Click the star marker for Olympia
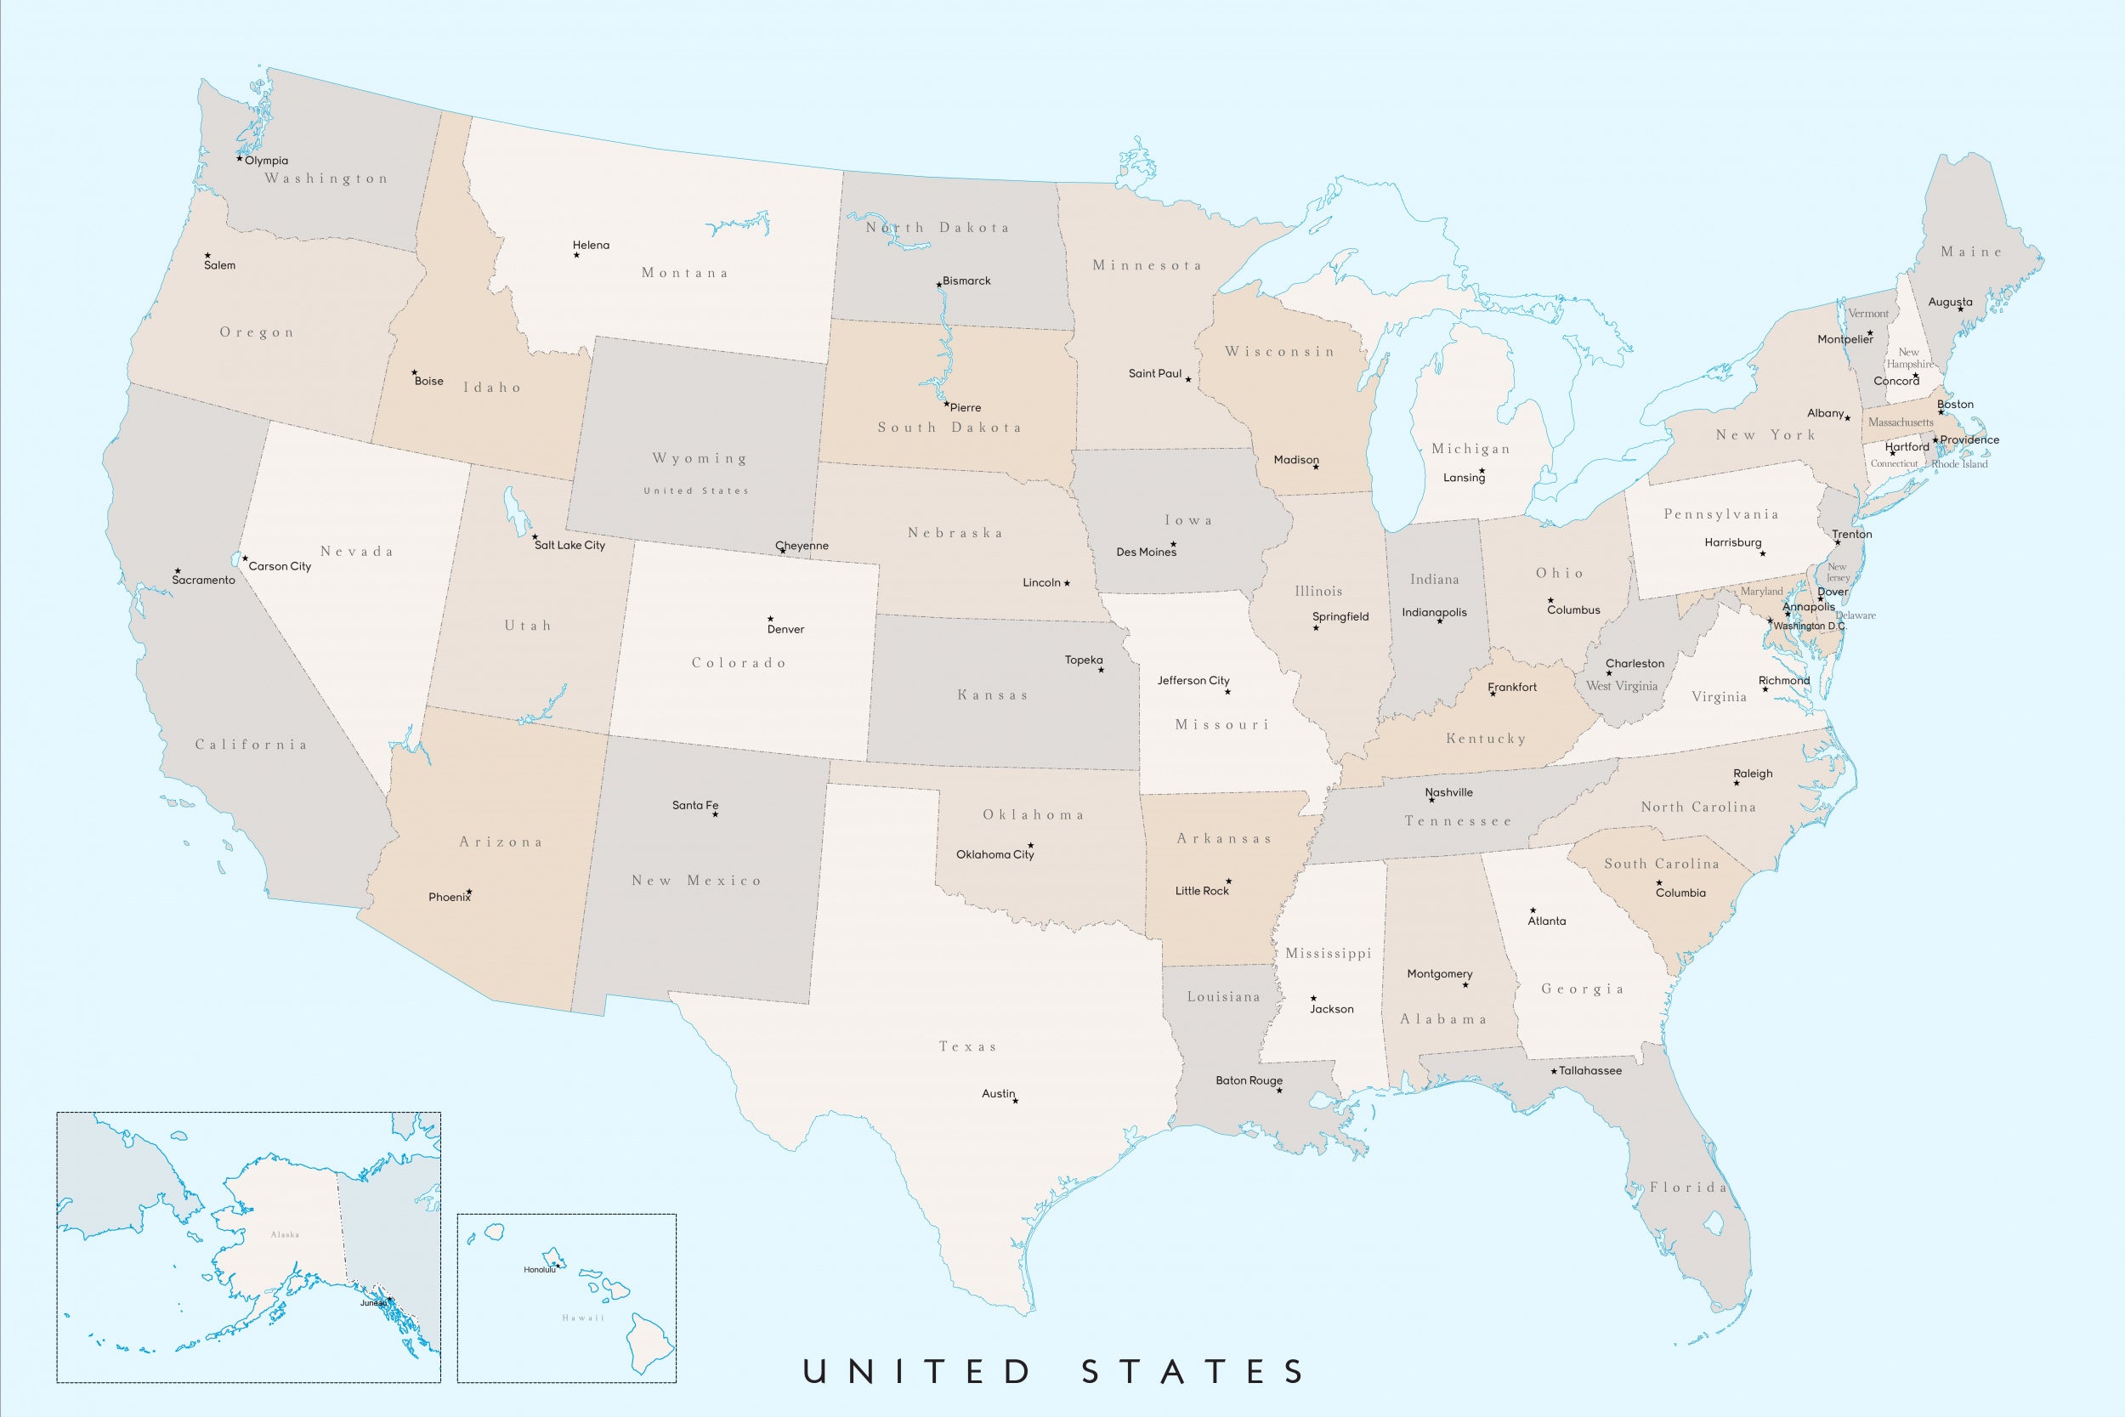(240, 159)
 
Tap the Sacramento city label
(203, 581)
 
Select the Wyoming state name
(700, 458)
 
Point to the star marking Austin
(1016, 1101)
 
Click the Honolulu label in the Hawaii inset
(540, 1270)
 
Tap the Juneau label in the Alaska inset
(373, 1303)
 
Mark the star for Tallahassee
(1554, 1072)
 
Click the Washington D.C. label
(1810, 626)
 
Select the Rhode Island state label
(1959, 464)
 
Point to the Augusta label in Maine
(1950, 302)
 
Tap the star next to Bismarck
(938, 285)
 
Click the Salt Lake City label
(569, 545)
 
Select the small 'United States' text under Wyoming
(695, 490)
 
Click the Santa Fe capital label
(694, 805)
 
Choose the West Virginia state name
(1622, 686)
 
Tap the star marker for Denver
(770, 619)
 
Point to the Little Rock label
(1202, 891)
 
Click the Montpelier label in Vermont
(1844, 340)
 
